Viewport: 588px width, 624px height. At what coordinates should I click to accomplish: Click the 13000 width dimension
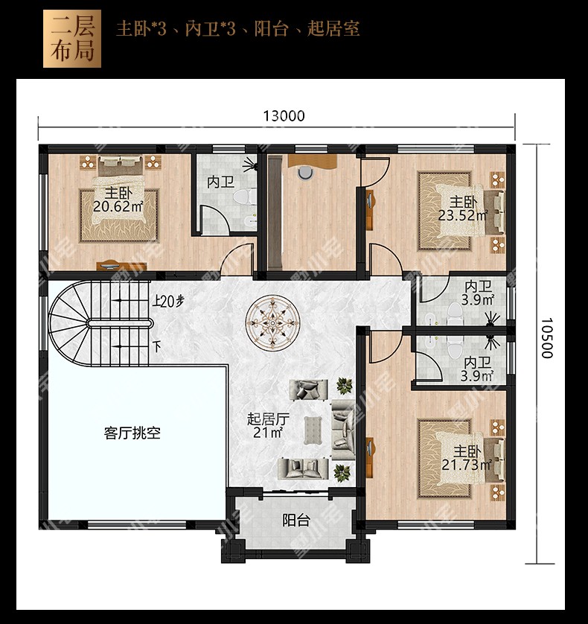pos(284,116)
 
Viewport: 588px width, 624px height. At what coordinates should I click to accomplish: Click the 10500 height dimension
pos(547,338)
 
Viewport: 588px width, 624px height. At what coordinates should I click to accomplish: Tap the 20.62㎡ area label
pos(118,207)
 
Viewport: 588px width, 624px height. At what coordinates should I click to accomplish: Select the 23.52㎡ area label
pos(463,215)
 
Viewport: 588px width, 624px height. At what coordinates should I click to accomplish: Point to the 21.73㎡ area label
pos(467,465)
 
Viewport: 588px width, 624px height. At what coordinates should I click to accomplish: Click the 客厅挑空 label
pos(132,433)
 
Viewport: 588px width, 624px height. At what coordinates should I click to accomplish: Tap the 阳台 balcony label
pos(296,520)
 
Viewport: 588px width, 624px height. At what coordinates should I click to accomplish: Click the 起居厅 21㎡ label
pos(268,425)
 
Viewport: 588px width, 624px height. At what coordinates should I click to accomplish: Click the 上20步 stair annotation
pos(168,302)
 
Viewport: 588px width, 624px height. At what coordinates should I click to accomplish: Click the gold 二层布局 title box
pos(72,39)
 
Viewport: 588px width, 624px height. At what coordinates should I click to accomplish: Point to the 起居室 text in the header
pos(333,29)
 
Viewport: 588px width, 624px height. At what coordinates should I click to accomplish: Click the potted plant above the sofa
pos(344,385)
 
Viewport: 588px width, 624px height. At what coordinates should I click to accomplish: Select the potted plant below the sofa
pos(342,472)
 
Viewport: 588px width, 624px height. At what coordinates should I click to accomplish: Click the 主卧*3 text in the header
pos(141,29)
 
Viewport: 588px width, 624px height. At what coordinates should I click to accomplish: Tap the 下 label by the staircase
pos(157,346)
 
